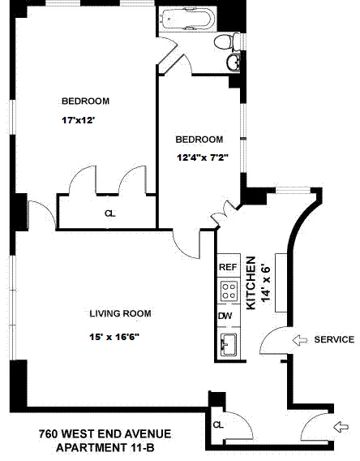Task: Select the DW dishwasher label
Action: [225, 317]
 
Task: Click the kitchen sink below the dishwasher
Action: [227, 343]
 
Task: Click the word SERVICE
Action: [333, 339]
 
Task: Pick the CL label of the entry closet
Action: [217, 424]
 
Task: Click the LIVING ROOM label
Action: [120, 313]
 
